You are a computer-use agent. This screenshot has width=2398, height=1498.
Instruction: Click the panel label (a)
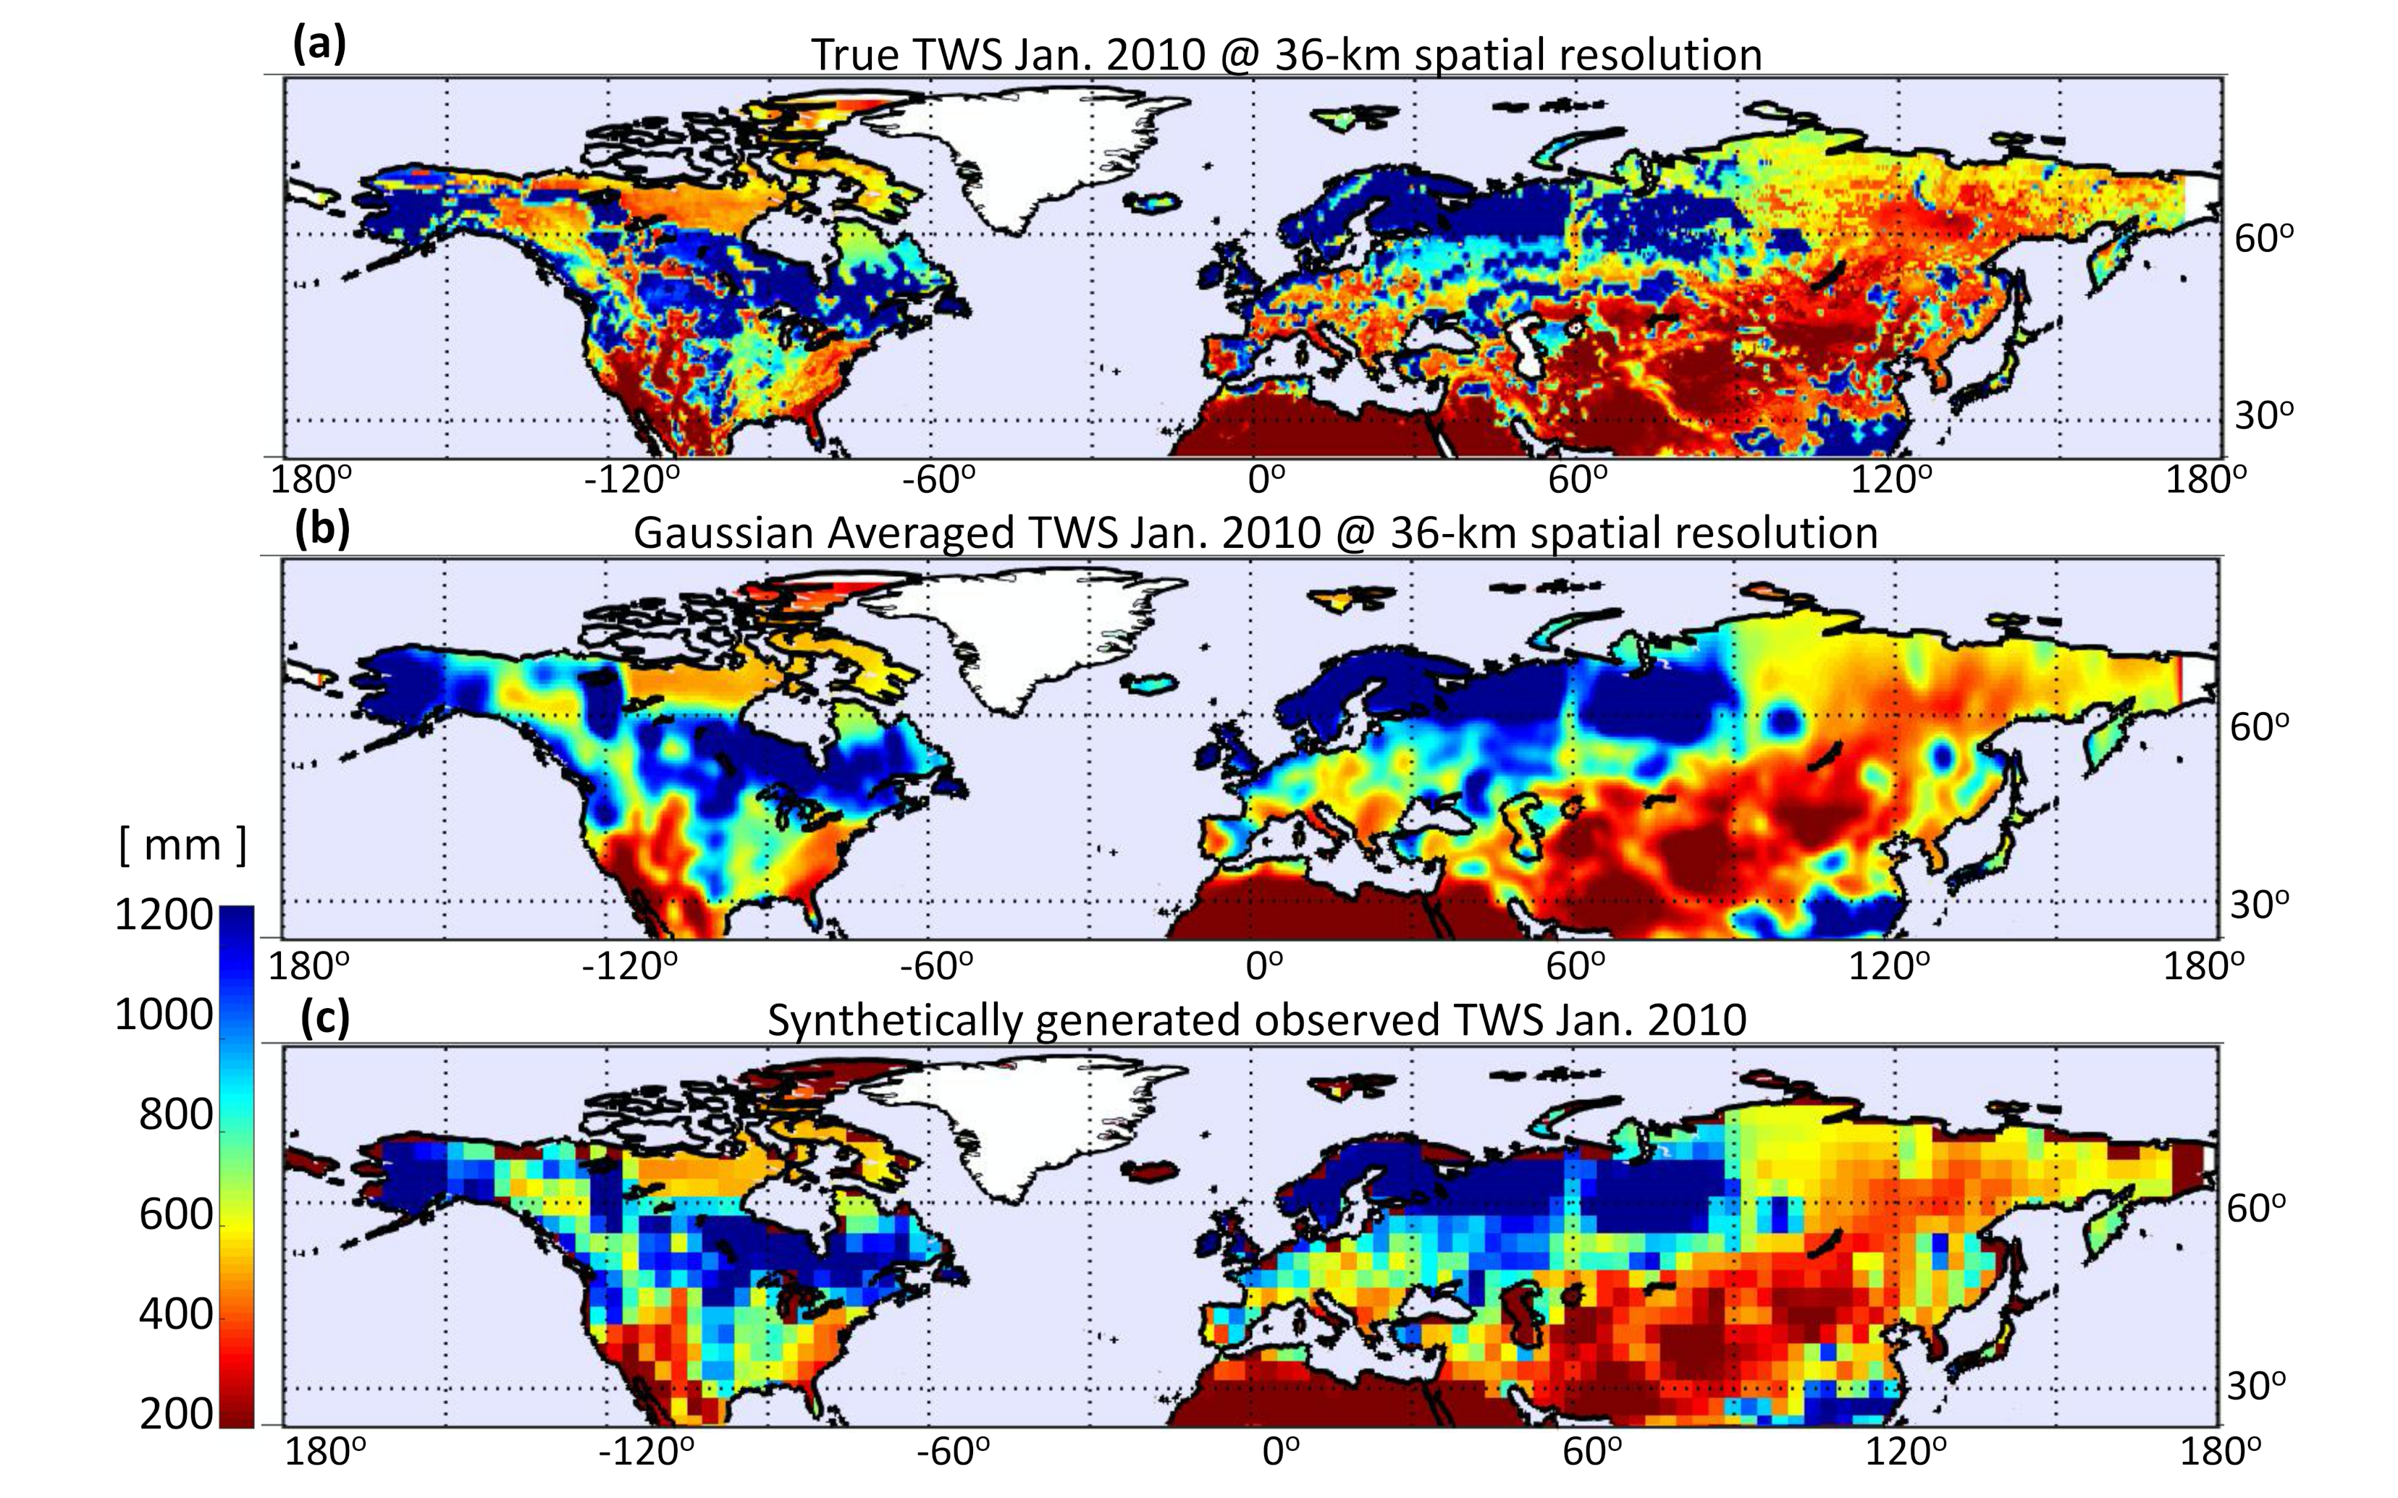point(319,45)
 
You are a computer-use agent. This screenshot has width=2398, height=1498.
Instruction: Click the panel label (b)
point(323,529)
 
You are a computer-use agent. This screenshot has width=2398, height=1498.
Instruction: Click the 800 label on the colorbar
point(175,1116)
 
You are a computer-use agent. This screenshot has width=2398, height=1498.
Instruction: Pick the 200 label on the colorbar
point(175,1415)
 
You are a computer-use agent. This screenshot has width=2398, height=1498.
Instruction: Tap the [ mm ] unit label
point(182,845)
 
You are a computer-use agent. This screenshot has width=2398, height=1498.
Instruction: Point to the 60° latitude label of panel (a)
point(2263,239)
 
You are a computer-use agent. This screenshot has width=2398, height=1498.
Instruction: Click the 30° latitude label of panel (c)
point(2255,1385)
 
